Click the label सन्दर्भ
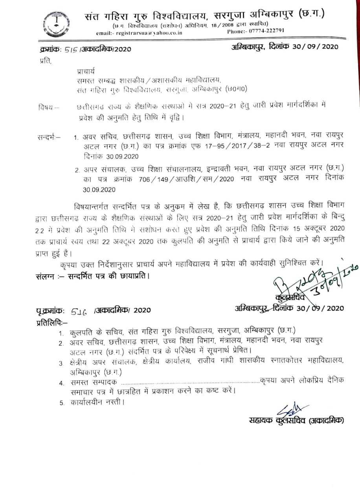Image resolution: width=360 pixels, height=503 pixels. tap(49, 138)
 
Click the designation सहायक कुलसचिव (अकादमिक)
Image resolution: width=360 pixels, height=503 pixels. tap(296, 420)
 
